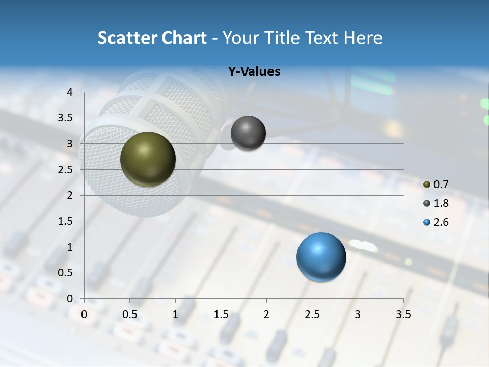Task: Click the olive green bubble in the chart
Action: point(148,159)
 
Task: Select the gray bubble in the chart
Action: point(248,133)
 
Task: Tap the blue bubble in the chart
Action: point(321,257)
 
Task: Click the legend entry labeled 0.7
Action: point(436,185)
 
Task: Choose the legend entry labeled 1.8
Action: point(436,203)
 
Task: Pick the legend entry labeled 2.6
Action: point(436,222)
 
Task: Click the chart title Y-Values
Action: point(254,72)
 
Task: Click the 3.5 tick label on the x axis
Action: point(403,314)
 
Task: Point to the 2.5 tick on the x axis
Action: point(312,314)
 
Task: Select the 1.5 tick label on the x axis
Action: point(221,314)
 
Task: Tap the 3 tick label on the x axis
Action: point(358,314)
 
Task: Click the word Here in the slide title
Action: point(362,38)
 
